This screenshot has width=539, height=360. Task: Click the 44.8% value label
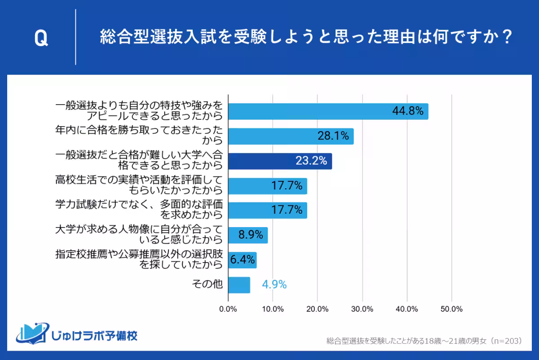(x=407, y=111)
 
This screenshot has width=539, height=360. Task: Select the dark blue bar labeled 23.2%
(x=280, y=161)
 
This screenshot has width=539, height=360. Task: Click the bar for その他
(x=239, y=285)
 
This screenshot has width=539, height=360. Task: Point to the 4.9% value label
(x=274, y=285)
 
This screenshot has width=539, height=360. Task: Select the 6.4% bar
(x=243, y=260)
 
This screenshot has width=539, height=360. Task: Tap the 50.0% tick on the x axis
(x=451, y=309)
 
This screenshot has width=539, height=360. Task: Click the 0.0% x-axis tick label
(x=228, y=309)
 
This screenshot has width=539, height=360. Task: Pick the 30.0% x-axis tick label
(x=362, y=309)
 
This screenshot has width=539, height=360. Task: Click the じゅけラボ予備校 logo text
(x=94, y=335)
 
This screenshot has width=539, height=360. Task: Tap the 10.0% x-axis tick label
(x=273, y=309)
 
